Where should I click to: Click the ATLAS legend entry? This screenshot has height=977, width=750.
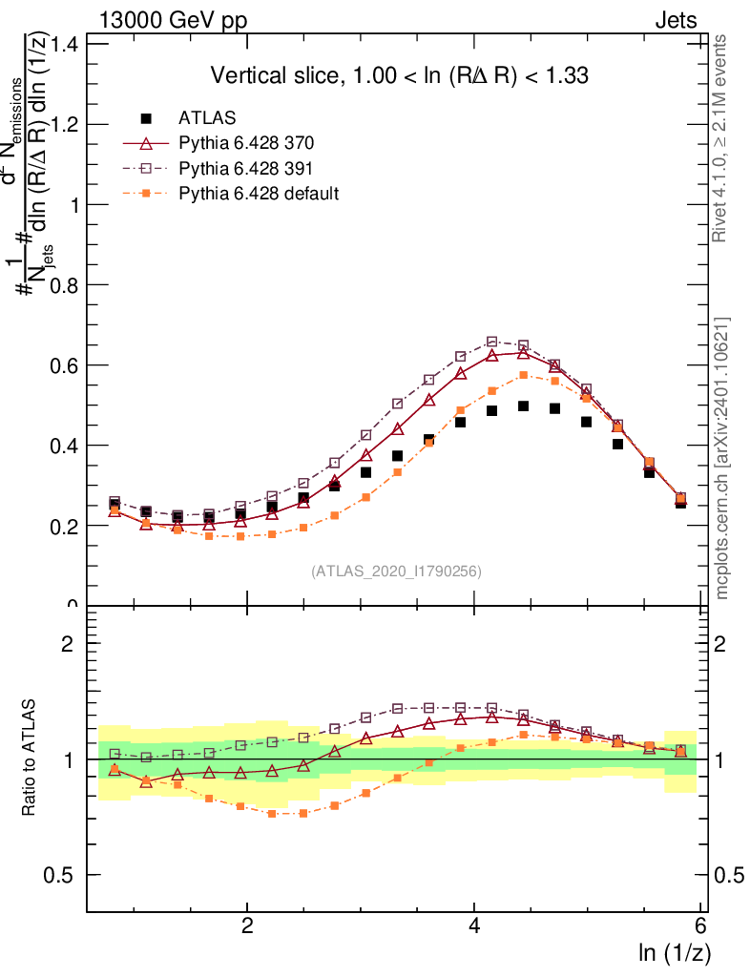coord(207,118)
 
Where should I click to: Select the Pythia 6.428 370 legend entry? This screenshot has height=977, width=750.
coord(246,143)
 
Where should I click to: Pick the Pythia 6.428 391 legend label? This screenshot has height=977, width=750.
coord(246,168)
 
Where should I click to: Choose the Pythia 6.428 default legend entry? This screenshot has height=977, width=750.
coord(259,193)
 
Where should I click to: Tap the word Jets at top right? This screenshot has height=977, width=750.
coord(675,21)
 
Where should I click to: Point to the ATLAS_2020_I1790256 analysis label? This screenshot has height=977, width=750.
coord(396,572)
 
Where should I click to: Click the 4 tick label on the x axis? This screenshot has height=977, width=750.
coord(474,925)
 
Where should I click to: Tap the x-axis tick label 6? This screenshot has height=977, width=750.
coord(701,925)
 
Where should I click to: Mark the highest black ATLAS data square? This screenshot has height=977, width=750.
coord(523,405)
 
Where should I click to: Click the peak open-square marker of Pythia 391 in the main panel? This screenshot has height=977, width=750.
coord(492,342)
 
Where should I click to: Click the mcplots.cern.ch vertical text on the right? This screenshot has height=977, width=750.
coord(723,458)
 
